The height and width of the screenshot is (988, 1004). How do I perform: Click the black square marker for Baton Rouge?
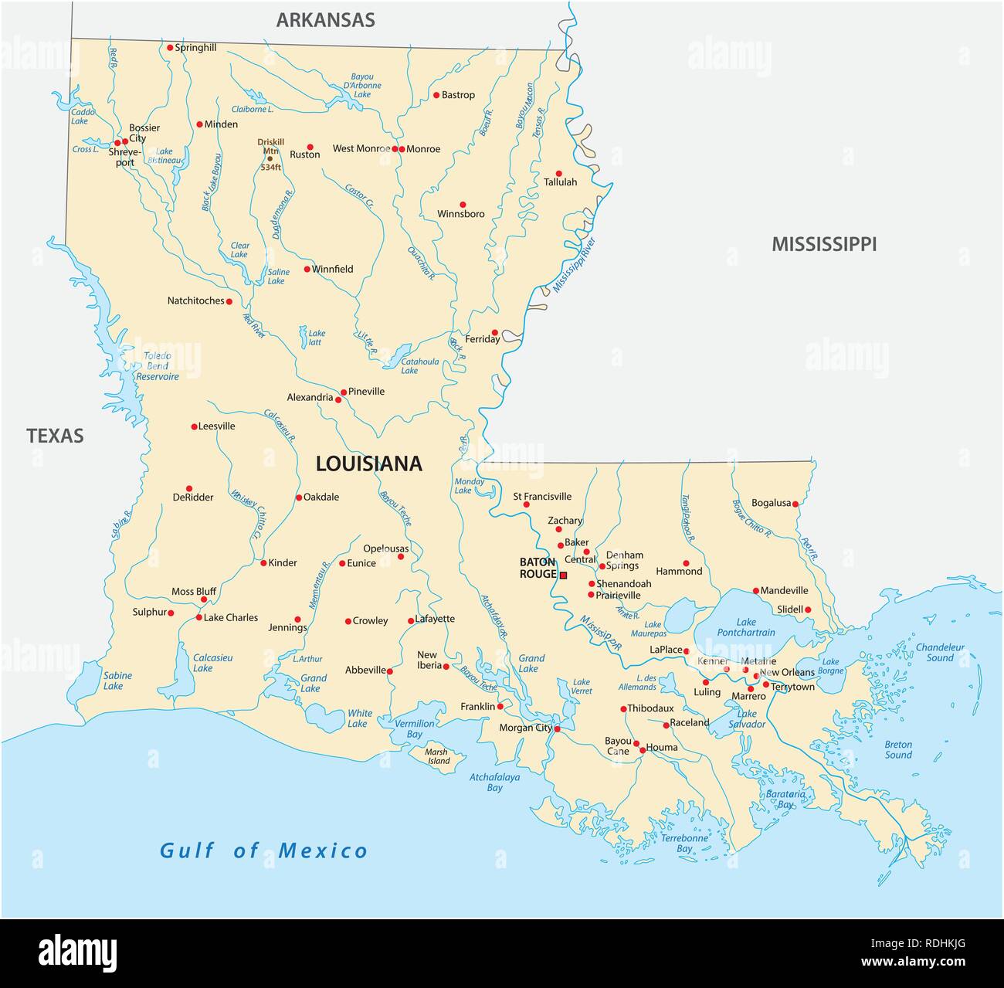pos(563,575)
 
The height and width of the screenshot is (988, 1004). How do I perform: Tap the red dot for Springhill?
pos(170,48)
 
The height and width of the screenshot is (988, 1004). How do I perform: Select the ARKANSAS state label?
pos(325,20)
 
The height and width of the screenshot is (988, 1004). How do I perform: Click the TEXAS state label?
pos(55,436)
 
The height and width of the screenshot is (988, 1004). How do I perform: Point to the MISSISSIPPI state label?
pos(824,245)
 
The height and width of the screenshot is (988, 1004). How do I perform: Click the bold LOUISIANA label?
pos(369,463)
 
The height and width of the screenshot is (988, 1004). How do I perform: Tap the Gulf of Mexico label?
pos(263,851)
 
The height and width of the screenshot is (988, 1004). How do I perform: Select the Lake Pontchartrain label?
pos(745,626)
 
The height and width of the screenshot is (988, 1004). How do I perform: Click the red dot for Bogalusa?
pos(795,504)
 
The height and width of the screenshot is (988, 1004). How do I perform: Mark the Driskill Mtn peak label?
pos(270,148)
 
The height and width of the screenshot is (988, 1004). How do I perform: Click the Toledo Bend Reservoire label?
pos(158,366)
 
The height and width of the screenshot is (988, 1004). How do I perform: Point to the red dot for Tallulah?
pos(559,174)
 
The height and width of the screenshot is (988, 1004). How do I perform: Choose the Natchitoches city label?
pos(195,300)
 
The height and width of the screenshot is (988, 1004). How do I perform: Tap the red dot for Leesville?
pos(195,426)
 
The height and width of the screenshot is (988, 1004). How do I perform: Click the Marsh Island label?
pos(437,756)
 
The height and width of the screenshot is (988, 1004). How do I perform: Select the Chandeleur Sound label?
pos(940,653)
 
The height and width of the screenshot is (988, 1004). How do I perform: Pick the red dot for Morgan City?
pos(557,728)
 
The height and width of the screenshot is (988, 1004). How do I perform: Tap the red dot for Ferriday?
pos(495,333)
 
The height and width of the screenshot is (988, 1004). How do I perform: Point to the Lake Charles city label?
pos(230,617)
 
